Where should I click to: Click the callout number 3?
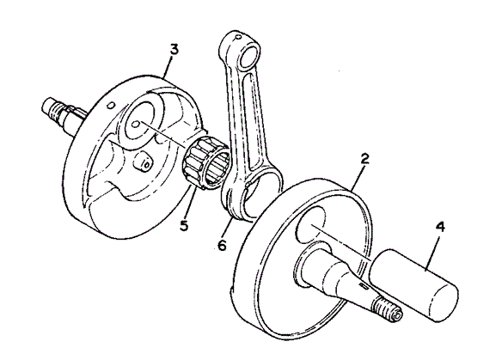174,52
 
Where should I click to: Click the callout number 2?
364,159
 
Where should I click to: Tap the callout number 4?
440,228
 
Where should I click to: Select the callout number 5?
184,225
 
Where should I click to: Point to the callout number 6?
222,246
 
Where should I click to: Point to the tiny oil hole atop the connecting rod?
236,38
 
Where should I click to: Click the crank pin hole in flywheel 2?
311,225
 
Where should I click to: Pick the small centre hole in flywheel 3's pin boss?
136,124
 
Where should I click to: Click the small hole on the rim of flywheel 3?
111,105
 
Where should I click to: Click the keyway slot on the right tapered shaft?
364,285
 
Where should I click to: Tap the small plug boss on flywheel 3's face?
143,162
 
